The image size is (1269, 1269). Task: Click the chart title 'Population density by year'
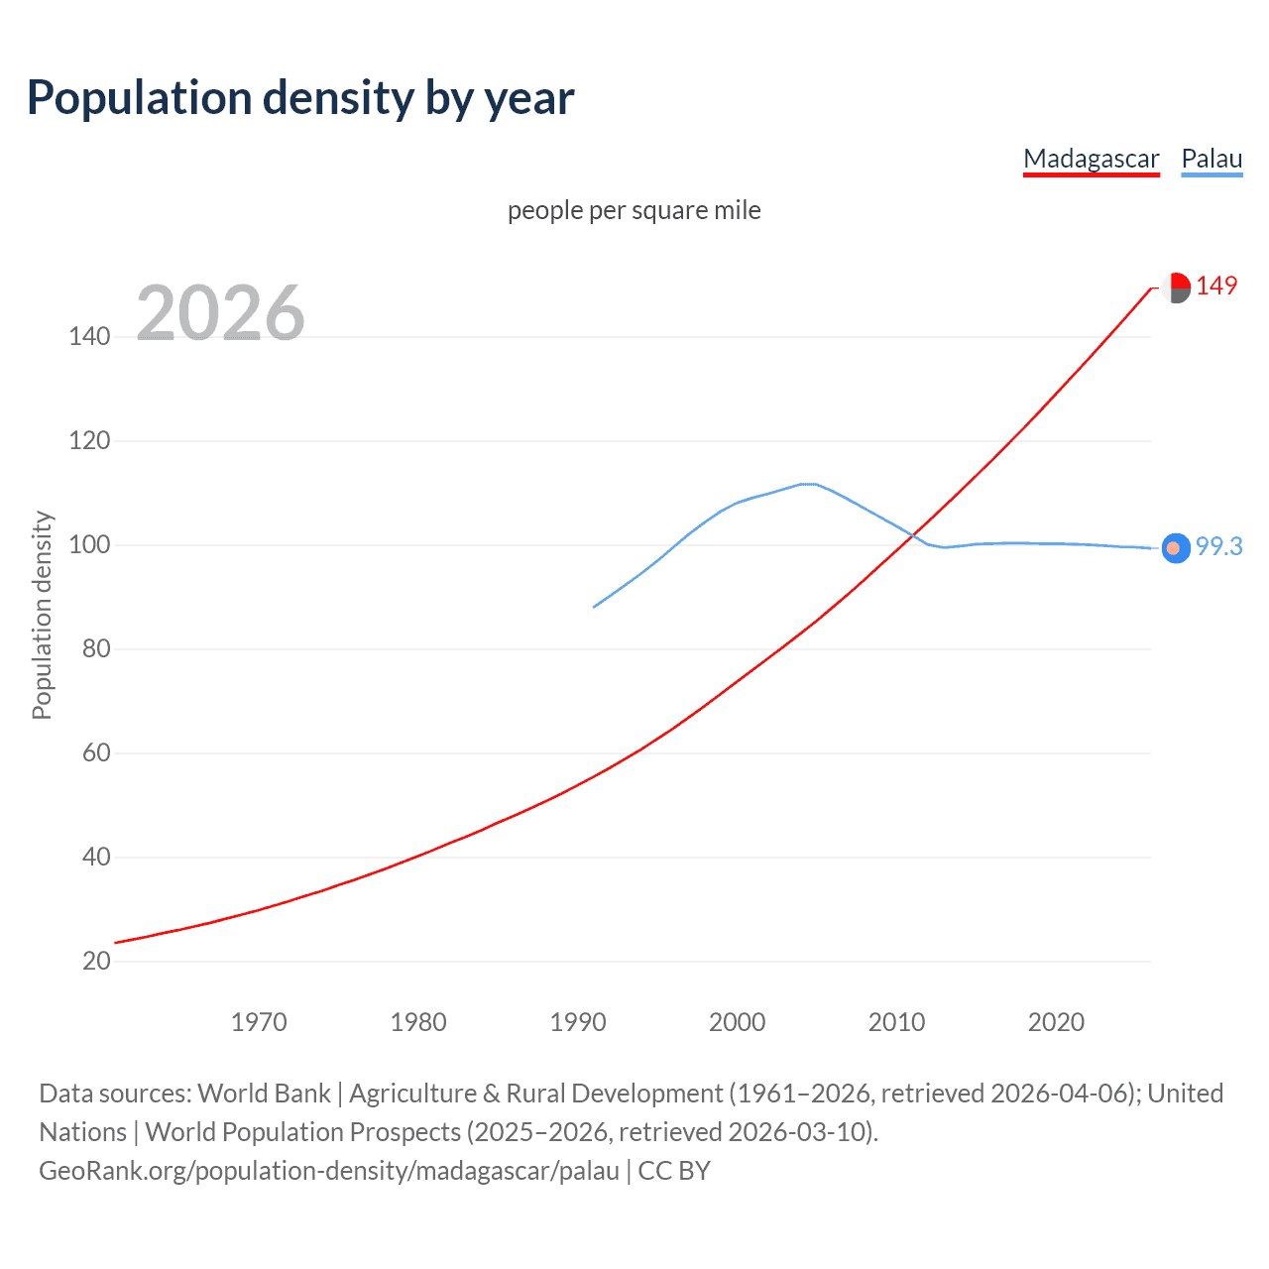[x=300, y=98]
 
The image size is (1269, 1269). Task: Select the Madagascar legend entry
[x=1091, y=159]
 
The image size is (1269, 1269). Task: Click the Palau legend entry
[x=1211, y=159]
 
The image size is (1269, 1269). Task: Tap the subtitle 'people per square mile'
[x=634, y=210]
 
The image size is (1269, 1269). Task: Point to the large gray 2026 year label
[x=220, y=313]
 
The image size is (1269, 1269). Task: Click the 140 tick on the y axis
[x=89, y=336]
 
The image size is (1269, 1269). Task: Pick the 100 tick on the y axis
[x=89, y=544]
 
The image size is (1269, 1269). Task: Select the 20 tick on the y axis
[x=96, y=961]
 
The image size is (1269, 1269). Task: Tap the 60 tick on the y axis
[x=96, y=752]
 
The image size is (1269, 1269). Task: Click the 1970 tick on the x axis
[x=259, y=1022]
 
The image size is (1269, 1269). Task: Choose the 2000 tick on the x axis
[x=737, y=1022]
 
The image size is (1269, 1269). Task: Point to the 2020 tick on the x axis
[x=1056, y=1022]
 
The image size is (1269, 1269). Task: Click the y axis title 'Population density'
[x=42, y=615]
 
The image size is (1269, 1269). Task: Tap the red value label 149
[x=1216, y=286]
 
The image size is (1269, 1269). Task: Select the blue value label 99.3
[x=1218, y=546]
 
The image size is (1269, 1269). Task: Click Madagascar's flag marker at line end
[x=1176, y=288]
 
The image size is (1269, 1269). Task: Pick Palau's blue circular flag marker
[x=1175, y=547]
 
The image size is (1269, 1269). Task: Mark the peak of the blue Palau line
[x=808, y=484]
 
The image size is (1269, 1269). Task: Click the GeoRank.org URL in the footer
[x=329, y=1171]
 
